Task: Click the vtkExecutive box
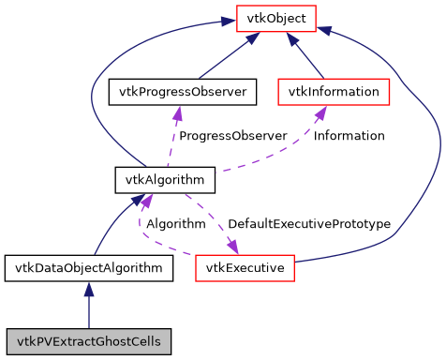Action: point(246,269)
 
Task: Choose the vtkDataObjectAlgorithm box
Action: point(89,269)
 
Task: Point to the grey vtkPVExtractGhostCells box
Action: point(89,340)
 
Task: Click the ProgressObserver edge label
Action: point(232,136)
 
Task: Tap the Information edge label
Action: point(349,136)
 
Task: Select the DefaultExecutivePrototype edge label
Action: point(308,224)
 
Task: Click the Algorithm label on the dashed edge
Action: point(175,224)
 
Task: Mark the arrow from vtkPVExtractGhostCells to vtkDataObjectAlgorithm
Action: point(89,305)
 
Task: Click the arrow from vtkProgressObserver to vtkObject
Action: point(225,57)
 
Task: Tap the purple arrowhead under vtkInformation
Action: point(320,112)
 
